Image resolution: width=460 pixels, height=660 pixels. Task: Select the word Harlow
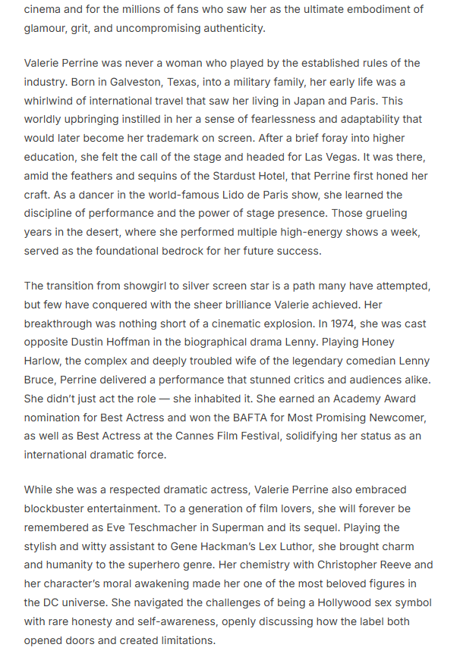tap(44, 361)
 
